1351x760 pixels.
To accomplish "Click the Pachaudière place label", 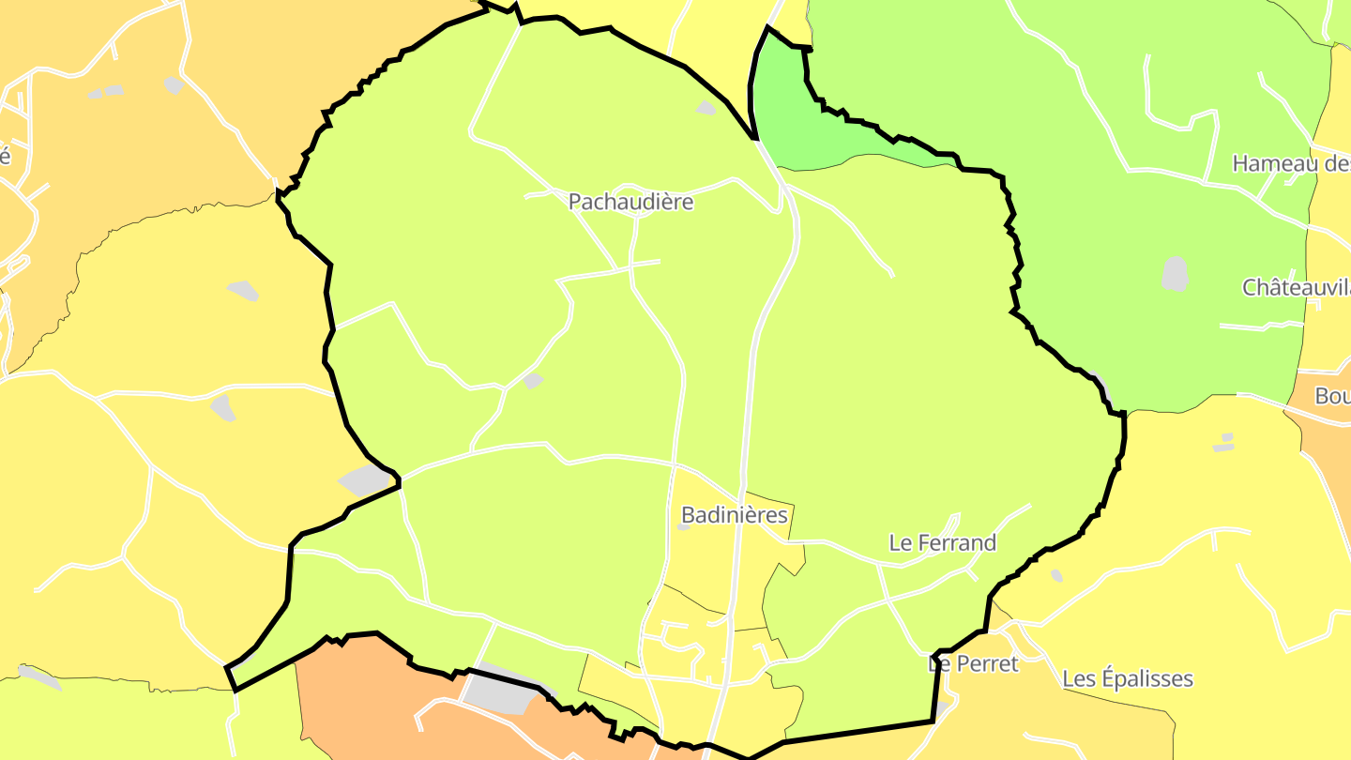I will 630,202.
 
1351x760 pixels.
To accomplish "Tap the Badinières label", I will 735,515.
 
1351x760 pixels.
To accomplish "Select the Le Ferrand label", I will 942,542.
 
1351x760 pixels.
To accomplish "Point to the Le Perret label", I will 973,663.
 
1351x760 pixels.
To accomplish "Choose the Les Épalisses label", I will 1128,678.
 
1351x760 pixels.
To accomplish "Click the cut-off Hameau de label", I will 1291,163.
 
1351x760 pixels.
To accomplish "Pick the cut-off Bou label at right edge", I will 1332,396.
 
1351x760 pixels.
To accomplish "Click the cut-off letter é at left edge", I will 5,155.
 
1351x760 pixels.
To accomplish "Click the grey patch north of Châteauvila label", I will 1175,274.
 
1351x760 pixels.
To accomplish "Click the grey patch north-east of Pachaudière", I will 706,108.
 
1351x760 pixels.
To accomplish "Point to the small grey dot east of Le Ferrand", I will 1056,575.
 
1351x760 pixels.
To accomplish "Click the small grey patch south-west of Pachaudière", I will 533,380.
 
